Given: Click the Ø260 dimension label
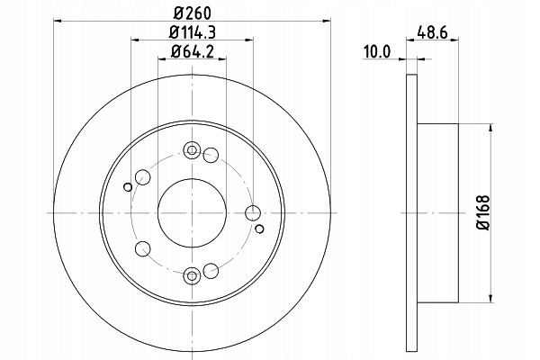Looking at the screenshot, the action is pyautogui.click(x=192, y=13).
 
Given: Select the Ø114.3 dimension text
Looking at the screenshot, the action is pyautogui.click(x=193, y=32).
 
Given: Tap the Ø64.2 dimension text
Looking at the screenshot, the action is pyautogui.click(x=193, y=51).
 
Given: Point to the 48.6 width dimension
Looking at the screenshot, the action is pyautogui.click(x=432, y=32).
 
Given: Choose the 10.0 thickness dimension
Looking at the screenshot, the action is pyautogui.click(x=377, y=51).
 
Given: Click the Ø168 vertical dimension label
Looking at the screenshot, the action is pyautogui.click(x=482, y=213).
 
